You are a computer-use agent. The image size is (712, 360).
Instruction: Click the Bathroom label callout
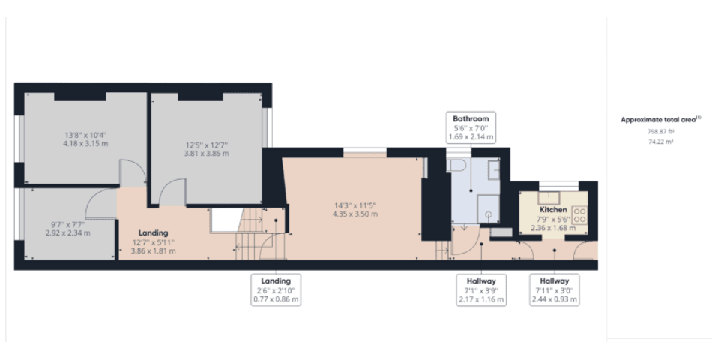pyautogui.click(x=471, y=127)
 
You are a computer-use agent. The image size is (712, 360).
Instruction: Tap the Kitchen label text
pyautogui.click(x=553, y=211)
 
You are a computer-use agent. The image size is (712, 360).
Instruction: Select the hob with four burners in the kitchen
pyautogui.click(x=580, y=215)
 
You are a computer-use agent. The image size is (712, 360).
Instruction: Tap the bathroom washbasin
pyautogui.click(x=494, y=171)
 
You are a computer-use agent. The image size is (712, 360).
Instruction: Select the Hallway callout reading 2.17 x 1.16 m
pyautogui.click(x=480, y=289)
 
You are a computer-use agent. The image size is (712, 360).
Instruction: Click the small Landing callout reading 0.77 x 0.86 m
pyautogui.click(x=275, y=289)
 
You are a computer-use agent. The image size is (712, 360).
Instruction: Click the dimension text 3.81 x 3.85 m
pyautogui.click(x=207, y=153)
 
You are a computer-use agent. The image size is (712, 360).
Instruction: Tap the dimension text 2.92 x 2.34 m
pyautogui.click(x=67, y=233)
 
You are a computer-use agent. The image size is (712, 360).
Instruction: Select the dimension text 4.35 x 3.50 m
pyautogui.click(x=355, y=214)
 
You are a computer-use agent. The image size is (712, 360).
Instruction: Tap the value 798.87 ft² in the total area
pyautogui.click(x=660, y=130)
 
